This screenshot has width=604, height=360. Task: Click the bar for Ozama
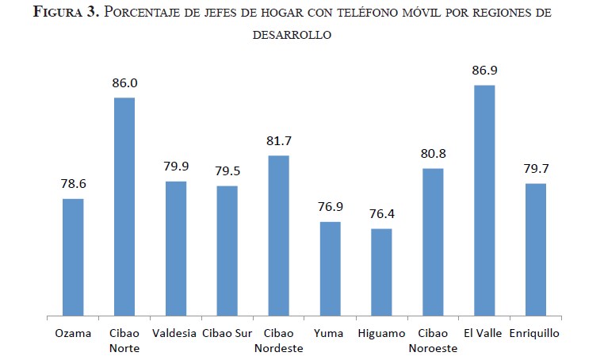pyautogui.click(x=73, y=258)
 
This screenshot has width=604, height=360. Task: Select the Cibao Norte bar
pyautogui.click(x=124, y=207)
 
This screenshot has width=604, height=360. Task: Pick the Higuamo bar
pyautogui.click(x=381, y=273)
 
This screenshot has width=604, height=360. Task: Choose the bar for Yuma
pyautogui.click(x=330, y=270)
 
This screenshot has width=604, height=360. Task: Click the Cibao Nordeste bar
pyautogui.click(x=278, y=236)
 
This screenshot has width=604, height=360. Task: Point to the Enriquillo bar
pyautogui.click(x=536, y=251)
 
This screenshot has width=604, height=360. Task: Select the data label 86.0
pyautogui.click(x=124, y=82)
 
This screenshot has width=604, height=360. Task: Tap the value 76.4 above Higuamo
pyautogui.click(x=381, y=214)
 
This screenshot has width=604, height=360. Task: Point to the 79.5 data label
pyautogui.click(x=227, y=171)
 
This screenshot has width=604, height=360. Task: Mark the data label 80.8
pyautogui.click(x=433, y=154)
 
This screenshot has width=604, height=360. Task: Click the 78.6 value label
pyautogui.click(x=73, y=183)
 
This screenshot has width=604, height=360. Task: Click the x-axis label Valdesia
pyautogui.click(x=175, y=334)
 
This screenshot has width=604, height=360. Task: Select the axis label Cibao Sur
pyautogui.click(x=227, y=334)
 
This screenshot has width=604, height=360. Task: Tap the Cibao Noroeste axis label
pyautogui.click(x=433, y=340)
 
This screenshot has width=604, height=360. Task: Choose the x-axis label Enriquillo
pyautogui.click(x=536, y=334)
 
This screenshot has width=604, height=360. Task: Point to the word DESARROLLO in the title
pyautogui.click(x=292, y=35)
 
